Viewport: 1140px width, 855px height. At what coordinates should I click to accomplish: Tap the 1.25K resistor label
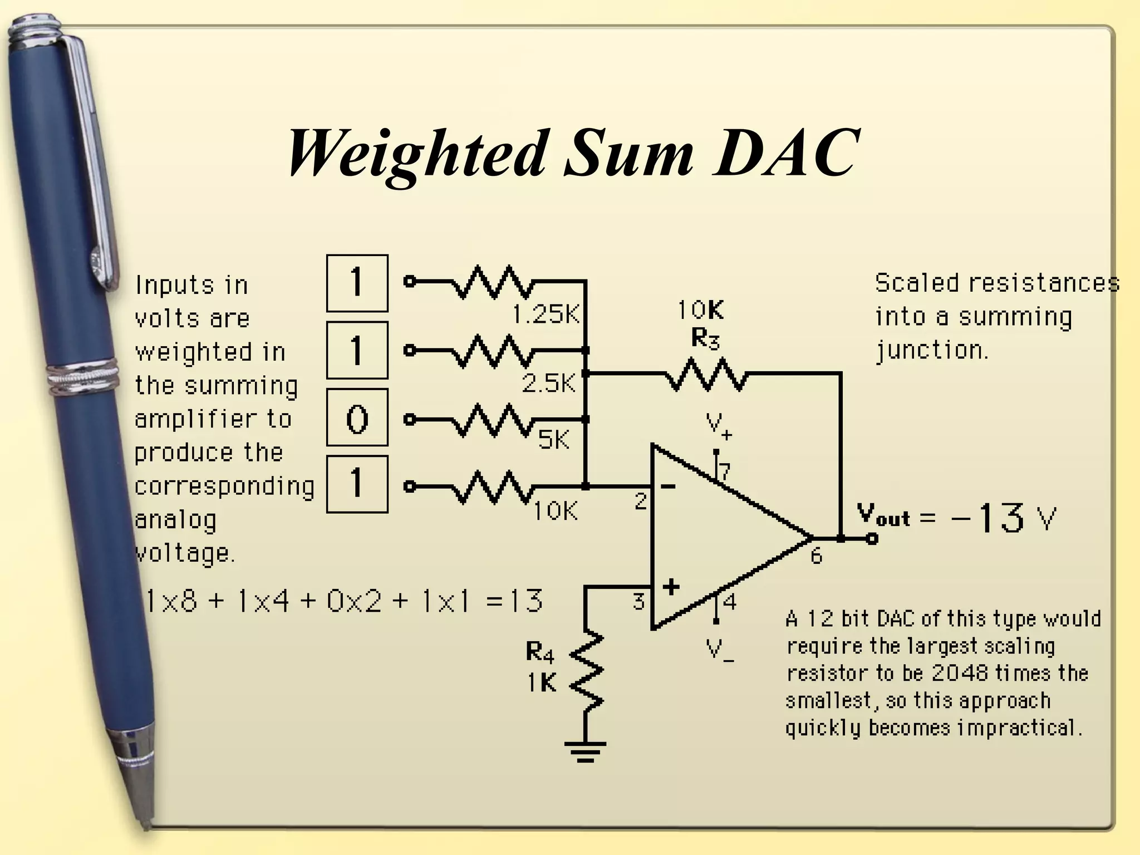(546, 315)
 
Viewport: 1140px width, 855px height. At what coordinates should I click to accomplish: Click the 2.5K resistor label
(549, 384)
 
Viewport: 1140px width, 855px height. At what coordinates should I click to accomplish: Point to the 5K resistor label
(553, 440)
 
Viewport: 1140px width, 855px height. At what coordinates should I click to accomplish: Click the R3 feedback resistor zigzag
(706, 374)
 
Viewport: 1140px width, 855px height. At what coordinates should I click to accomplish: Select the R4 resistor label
(540, 652)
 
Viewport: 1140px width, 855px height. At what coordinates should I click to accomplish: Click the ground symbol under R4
(585, 751)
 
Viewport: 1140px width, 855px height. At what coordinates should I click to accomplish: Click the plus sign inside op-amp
(671, 586)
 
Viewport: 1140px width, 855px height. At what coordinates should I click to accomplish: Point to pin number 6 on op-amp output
(816, 556)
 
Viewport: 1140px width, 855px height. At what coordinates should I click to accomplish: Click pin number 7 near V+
(724, 472)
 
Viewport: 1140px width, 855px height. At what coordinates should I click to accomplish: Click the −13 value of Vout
(988, 518)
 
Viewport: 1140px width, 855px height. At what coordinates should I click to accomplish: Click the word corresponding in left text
(224, 487)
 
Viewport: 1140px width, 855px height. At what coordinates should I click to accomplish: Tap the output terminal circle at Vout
(872, 538)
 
